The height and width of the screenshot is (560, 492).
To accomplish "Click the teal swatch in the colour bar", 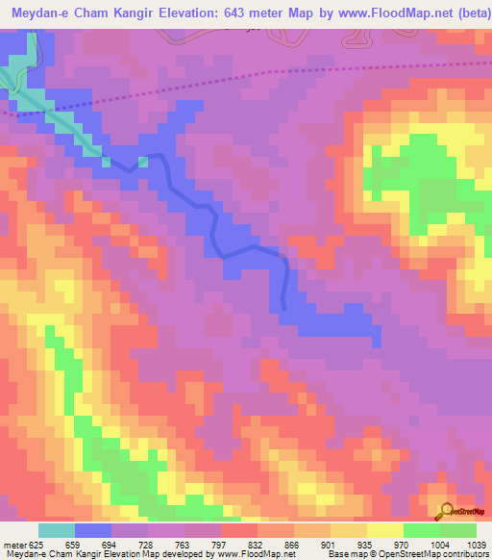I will pos(57,530).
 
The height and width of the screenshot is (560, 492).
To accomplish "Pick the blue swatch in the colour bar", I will pos(93,530).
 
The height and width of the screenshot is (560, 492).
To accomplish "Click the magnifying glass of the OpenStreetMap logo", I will pos(445,510).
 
